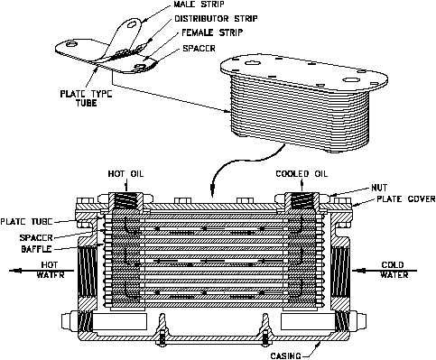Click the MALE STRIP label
[199, 5]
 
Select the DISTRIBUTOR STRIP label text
[217, 19]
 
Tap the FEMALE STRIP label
[212, 32]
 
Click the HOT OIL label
[125, 174]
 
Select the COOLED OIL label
[301, 174]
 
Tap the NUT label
[379, 188]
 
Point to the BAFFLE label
[36, 249]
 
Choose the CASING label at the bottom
[285, 355]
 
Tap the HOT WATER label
[50, 270]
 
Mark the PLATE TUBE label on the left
[26, 222]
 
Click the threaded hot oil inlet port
[125, 201]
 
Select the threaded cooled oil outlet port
[301, 201]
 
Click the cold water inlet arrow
[385, 271]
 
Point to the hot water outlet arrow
[42, 271]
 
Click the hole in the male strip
[132, 23]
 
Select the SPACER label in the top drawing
[199, 48]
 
